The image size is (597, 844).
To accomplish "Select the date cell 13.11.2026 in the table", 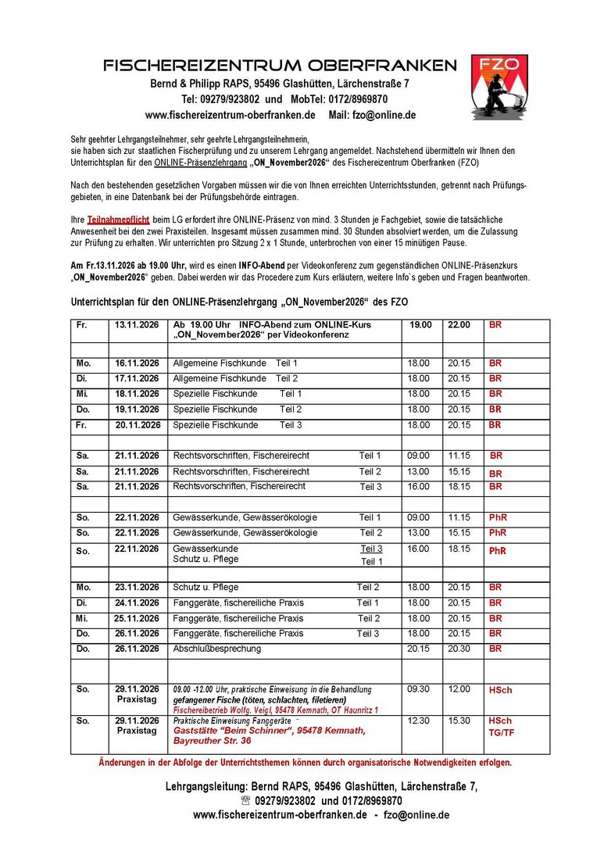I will tap(138, 324).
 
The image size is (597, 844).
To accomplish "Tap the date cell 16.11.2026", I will tap(138, 363).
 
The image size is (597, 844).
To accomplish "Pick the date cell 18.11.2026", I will tap(138, 394).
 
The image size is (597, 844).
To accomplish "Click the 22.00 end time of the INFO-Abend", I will tap(459, 324).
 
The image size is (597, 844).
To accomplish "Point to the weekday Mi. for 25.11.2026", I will tap(84, 618).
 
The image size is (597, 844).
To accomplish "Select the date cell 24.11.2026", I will tap(138, 603).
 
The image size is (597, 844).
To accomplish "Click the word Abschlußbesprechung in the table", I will tap(217, 649).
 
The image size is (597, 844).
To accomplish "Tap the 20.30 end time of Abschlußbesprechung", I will tap(459, 649).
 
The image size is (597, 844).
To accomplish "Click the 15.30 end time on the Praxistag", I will tap(459, 721).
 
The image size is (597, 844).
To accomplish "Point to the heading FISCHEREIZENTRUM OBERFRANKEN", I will tap(279, 66).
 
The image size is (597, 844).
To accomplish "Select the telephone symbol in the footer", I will tap(246, 801).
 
